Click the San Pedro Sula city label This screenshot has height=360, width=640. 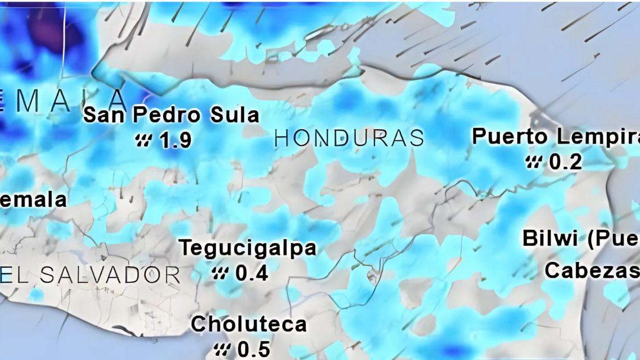172,115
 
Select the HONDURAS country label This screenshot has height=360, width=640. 349,138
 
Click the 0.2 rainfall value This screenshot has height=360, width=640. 565,162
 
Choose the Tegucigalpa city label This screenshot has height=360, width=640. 247,248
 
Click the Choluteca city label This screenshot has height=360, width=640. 249,324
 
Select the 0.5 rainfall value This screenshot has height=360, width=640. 253,350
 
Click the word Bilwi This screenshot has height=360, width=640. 550,238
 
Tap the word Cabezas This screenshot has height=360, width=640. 589,270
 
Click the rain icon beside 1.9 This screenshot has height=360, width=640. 143,141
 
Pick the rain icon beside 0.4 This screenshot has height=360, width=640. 220,274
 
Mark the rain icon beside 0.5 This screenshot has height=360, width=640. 222,350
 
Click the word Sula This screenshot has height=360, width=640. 234,115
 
